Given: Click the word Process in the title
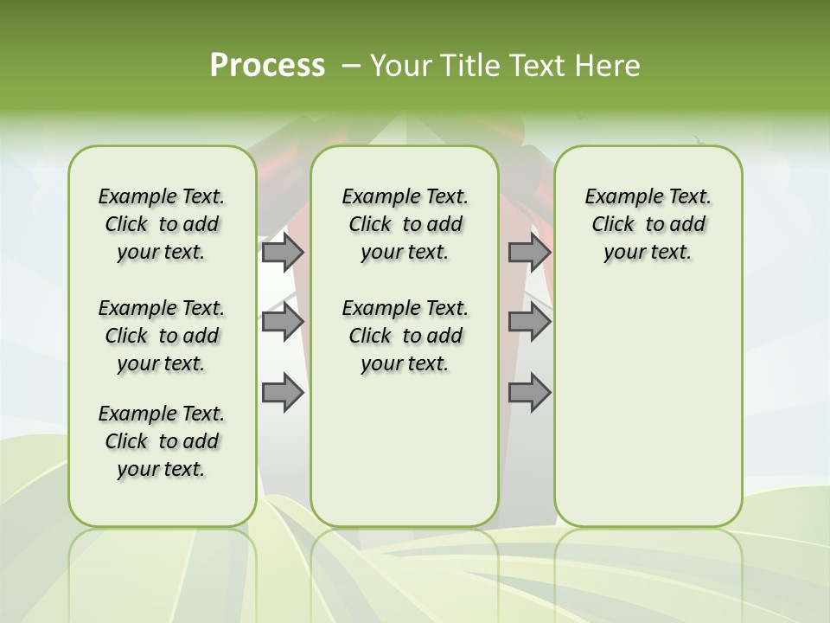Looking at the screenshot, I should click(x=267, y=65).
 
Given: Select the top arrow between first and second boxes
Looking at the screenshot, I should click(x=283, y=252).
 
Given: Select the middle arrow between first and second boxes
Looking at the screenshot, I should click(x=283, y=322).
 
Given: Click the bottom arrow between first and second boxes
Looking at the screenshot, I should click(x=283, y=393).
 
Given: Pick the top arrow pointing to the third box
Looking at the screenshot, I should click(x=529, y=252).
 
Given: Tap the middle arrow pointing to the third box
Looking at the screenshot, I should click(x=529, y=322).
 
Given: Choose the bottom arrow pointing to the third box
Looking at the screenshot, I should click(x=529, y=393).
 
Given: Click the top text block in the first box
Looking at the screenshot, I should click(x=162, y=224).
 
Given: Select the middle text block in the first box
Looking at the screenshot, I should click(x=162, y=336).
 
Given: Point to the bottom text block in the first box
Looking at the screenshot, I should click(x=162, y=441).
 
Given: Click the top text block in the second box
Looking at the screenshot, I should click(x=405, y=224).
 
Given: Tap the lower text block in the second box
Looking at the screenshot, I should click(x=405, y=336).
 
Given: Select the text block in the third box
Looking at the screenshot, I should click(x=648, y=224).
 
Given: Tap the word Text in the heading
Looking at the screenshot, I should click(x=537, y=66).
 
